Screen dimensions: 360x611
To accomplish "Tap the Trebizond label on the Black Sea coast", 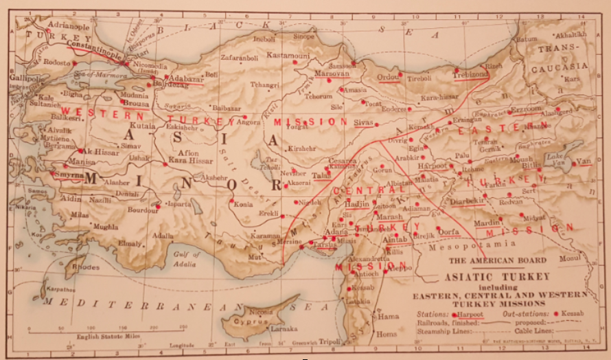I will click(469, 74).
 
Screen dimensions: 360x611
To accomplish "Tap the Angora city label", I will click(248, 122).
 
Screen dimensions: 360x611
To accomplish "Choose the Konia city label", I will click(242, 204).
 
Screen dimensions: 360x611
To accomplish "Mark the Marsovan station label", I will click(332, 72).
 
